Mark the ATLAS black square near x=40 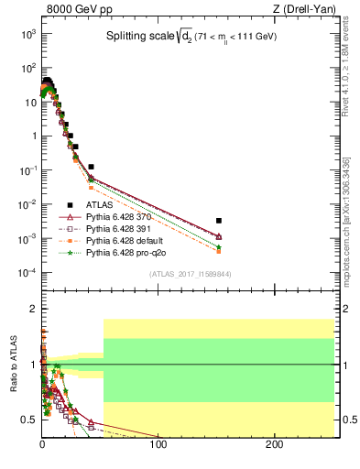click(91, 167)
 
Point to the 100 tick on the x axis click(158, 445)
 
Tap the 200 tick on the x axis click(274, 445)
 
